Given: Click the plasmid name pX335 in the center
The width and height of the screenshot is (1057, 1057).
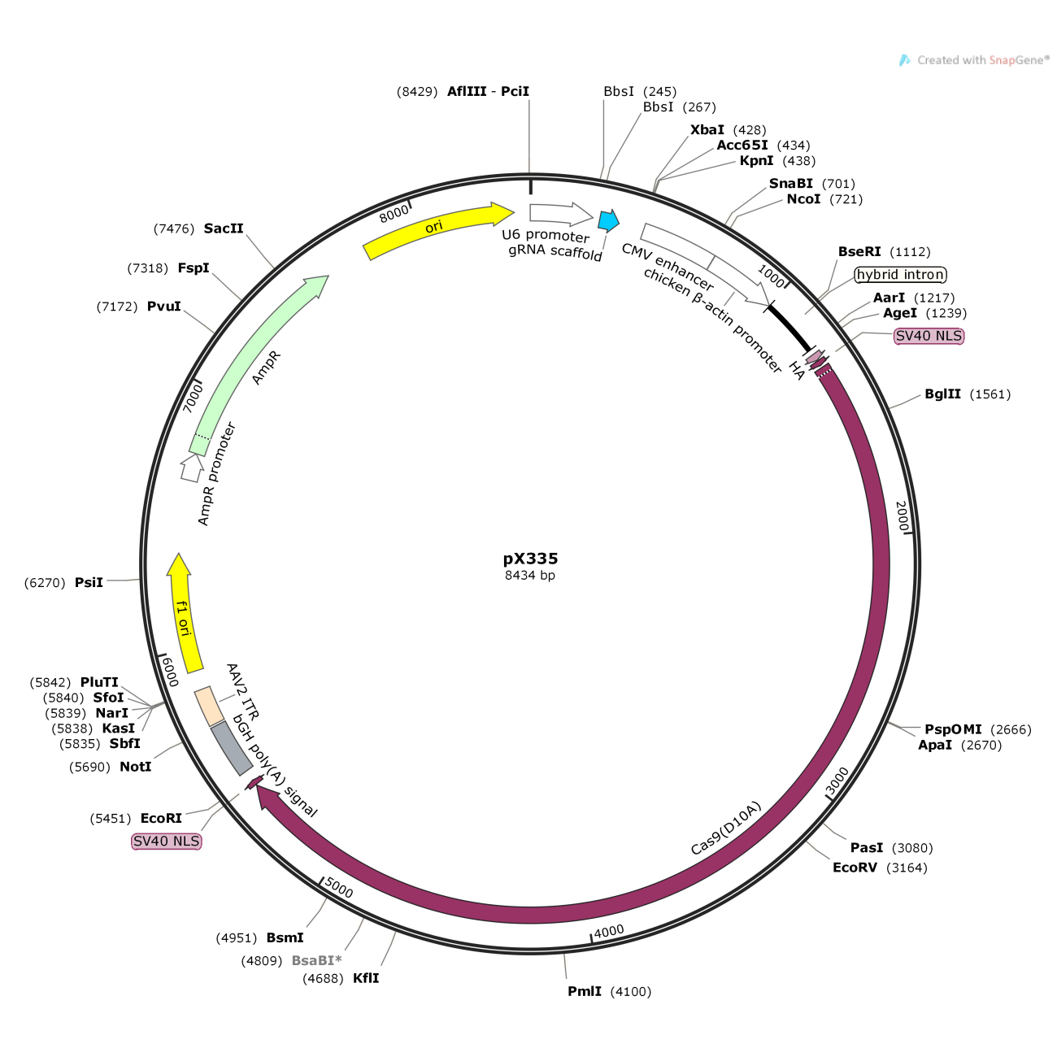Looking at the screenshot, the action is point(530,559).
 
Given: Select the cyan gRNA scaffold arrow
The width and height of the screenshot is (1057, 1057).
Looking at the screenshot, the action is point(608,220).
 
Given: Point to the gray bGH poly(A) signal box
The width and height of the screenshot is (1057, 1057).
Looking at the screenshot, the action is point(232,748).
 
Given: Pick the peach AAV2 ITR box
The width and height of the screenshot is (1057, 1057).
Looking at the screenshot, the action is point(209,706).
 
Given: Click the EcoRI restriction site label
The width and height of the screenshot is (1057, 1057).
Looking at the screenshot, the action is point(161,819).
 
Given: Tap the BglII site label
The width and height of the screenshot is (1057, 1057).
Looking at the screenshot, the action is point(942,394).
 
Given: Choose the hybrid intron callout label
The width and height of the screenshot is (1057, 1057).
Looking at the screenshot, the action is point(901,274).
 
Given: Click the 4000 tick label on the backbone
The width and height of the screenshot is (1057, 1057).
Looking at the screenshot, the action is point(609,931).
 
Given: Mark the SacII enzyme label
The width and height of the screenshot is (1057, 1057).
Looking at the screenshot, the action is point(224,228).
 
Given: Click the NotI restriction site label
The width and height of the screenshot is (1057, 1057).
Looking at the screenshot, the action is point(136,766).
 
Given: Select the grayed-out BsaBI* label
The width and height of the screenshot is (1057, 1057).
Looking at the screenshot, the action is point(316,960).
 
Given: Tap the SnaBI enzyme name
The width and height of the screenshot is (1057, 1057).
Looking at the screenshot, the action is point(790,183).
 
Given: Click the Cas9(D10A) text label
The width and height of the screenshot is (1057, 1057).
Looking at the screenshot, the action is point(726,829).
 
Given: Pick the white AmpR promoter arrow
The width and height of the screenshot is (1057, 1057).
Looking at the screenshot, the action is point(191,468).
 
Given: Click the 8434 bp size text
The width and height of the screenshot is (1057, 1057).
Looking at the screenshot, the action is point(530,575).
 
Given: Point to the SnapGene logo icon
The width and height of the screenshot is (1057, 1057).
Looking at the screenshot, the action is point(904,60).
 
